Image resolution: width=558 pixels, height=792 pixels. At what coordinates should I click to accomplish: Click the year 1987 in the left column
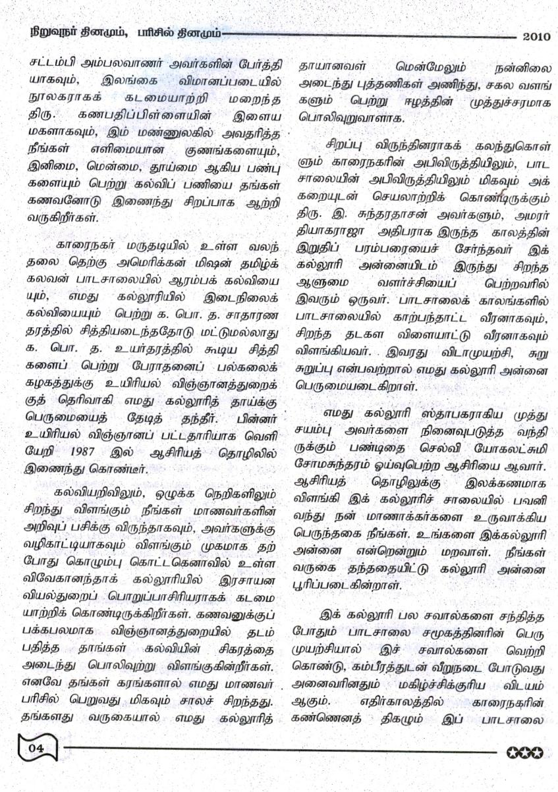pos(88,455)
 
